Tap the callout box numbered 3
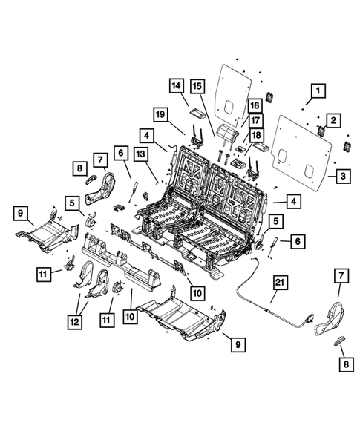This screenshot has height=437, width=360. (x=344, y=176)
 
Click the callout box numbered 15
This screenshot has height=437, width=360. (x=198, y=86)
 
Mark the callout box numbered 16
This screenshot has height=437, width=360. (x=255, y=106)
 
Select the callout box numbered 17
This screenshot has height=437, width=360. (x=255, y=120)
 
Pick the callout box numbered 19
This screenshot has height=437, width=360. (x=159, y=114)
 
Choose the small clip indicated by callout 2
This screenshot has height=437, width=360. (x=321, y=131)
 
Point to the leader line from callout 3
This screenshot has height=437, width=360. (x=331, y=176)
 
